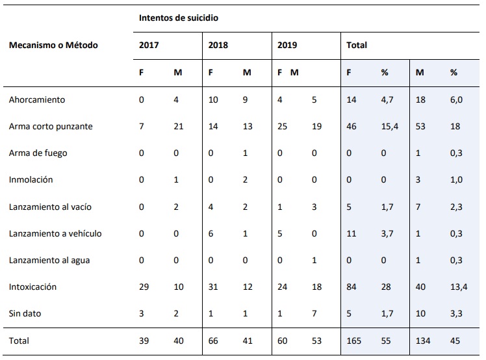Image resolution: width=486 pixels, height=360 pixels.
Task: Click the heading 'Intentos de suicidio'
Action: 178,18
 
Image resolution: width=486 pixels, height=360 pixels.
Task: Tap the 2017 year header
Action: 148,45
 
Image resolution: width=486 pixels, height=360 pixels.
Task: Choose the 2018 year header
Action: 218,45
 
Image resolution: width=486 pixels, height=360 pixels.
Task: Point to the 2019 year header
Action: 287,45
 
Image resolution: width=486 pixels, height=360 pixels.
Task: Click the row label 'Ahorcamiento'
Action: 37,100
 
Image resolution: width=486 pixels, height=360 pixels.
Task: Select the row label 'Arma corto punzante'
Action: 51,127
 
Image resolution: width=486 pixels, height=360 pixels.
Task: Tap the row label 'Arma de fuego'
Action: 38,153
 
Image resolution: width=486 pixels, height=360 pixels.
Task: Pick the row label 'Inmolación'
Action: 31,180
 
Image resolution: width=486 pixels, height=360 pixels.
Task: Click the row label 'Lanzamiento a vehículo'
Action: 55,233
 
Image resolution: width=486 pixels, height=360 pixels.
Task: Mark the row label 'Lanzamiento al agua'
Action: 49,260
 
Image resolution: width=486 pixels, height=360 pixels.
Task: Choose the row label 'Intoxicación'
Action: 33,287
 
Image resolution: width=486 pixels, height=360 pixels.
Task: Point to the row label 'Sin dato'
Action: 26,313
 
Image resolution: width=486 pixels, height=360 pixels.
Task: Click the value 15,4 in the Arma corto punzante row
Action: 389,127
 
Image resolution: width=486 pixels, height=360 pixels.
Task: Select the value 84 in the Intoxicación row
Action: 352,287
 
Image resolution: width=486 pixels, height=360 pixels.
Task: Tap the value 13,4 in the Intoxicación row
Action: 459,287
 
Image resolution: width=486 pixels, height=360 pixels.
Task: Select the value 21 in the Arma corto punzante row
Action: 179,127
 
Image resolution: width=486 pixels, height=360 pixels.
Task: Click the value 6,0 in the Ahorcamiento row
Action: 456,100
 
